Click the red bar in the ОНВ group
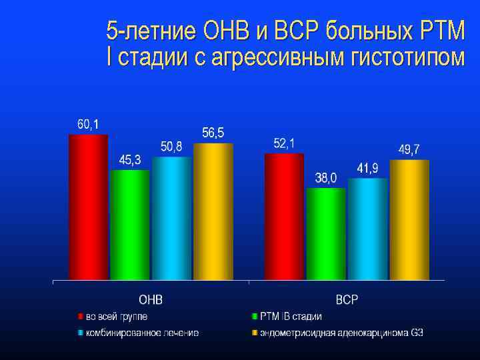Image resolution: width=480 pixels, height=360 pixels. pyautogui.click(x=88, y=207)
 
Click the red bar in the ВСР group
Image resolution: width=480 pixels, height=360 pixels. pyautogui.click(x=284, y=216)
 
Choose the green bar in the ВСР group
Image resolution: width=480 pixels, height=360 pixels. pyautogui.click(x=326, y=233)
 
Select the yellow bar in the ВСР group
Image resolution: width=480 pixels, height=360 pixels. pyautogui.click(x=409, y=219)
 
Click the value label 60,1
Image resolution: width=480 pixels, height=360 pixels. pyautogui.click(x=88, y=124)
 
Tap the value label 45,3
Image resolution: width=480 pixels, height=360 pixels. pyautogui.click(x=130, y=160)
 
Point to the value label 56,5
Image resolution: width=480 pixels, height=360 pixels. pyautogui.click(x=213, y=133)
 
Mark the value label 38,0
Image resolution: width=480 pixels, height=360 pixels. pyautogui.click(x=326, y=178)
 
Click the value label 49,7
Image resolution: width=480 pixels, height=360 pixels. pyautogui.click(x=409, y=149)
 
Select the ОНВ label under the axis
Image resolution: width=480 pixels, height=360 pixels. pyautogui.click(x=151, y=299)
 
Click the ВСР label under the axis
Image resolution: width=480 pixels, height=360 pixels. pyautogui.click(x=346, y=299)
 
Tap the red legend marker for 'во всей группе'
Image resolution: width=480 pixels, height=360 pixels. pyautogui.click(x=80, y=316)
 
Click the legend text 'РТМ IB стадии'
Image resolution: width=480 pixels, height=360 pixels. pyautogui.click(x=291, y=316)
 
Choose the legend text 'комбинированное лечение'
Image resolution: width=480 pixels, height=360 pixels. pyautogui.click(x=141, y=331)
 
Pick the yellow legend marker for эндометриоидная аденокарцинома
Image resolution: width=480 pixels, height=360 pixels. pyautogui.click(x=255, y=331)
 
